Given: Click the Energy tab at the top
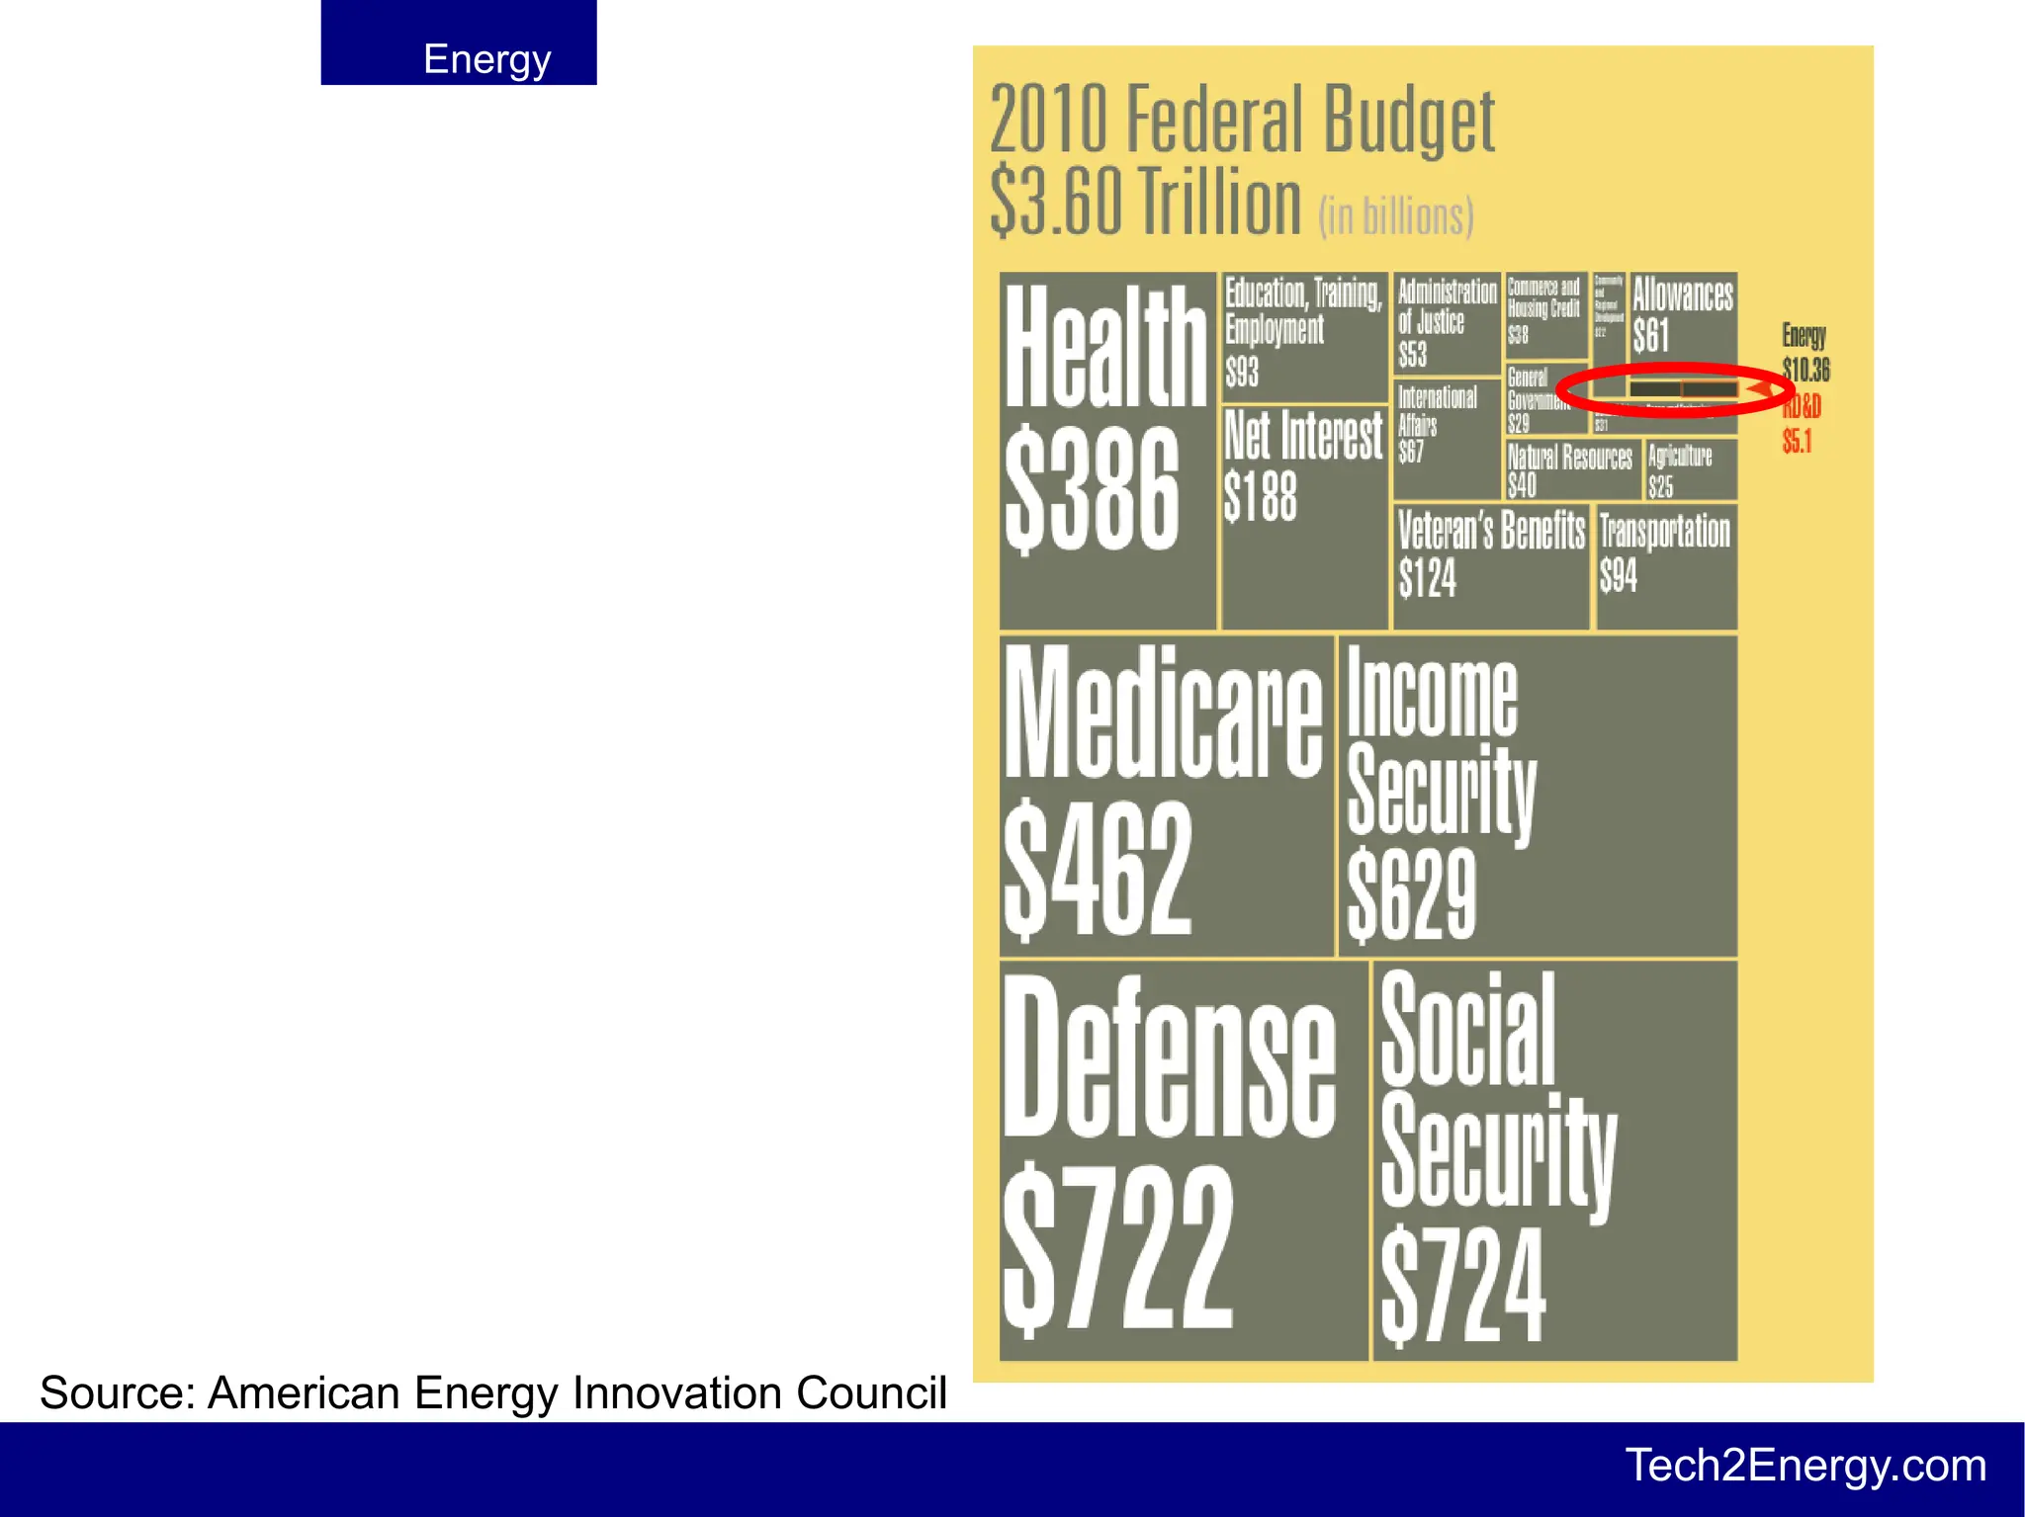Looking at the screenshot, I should (x=486, y=59).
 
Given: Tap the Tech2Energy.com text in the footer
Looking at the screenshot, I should (x=1805, y=1465).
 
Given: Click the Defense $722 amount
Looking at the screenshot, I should (x=1117, y=1250).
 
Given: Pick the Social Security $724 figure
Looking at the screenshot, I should (x=1462, y=1286).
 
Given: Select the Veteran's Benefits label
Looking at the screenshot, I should (x=1491, y=531).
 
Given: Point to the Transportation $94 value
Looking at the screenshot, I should (x=1619, y=575).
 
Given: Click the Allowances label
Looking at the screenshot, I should (x=1682, y=295).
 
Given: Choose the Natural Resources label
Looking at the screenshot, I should (x=1570, y=457).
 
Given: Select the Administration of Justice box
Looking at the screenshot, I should (x=1447, y=322).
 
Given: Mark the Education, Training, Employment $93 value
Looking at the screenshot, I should (x=1242, y=373).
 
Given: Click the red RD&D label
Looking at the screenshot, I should (x=1803, y=406).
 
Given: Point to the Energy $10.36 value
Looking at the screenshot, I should (x=1805, y=371).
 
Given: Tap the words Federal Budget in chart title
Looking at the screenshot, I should (x=1311, y=121).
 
